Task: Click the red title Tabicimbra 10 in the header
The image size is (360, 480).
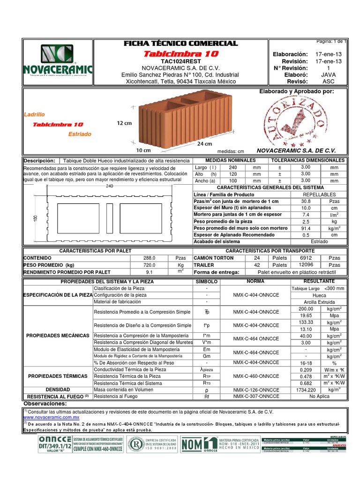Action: tap(180, 53)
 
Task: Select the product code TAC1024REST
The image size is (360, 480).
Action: tap(180, 61)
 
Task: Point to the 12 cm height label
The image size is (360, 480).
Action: tap(124, 123)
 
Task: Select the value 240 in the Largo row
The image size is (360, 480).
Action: tap(232, 167)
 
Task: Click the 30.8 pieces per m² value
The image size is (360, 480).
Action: tap(306, 201)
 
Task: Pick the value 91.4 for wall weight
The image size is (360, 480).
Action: tap(306, 228)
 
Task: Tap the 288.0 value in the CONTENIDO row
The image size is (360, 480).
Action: tap(149, 258)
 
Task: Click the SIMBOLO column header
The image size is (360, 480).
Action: tap(206, 281)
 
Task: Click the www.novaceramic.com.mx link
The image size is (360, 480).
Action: tap(51, 417)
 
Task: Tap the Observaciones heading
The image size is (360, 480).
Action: tap(45, 403)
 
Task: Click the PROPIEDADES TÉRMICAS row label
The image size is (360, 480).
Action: tap(58, 376)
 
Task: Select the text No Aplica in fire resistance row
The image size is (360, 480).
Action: tap(319, 396)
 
